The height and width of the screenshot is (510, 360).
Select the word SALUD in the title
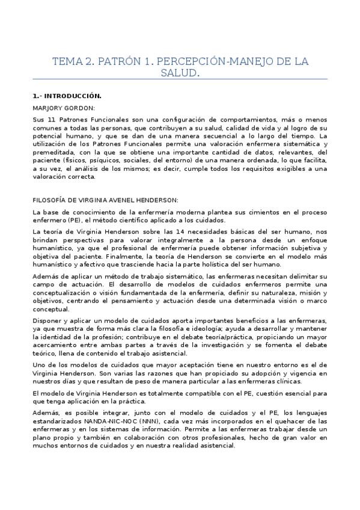click(x=180, y=73)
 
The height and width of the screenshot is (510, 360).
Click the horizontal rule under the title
click(x=180, y=79)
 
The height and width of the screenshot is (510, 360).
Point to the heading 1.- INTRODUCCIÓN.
click(x=67, y=96)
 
